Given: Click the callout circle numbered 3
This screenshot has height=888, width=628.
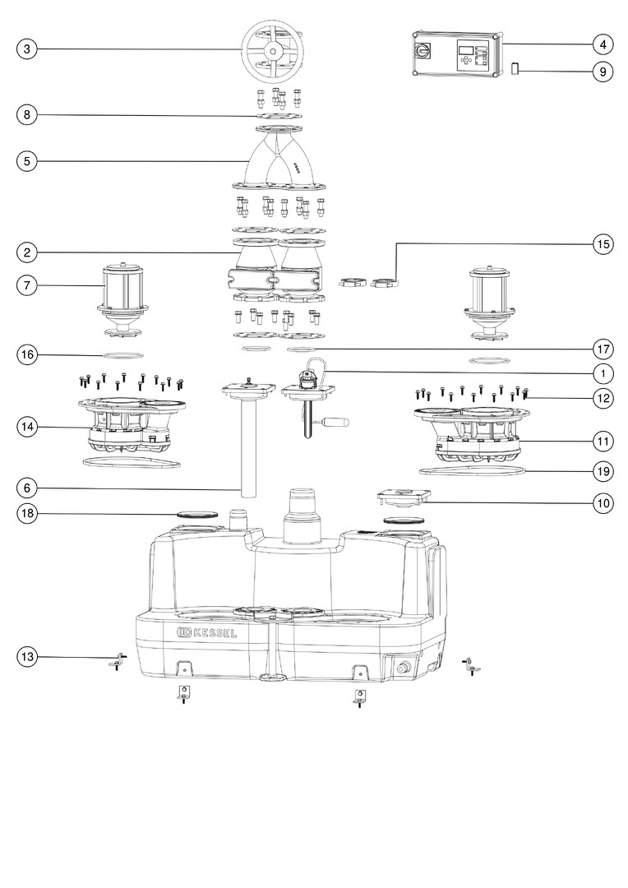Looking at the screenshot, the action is [26, 49].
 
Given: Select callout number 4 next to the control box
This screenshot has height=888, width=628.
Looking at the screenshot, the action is [603, 44].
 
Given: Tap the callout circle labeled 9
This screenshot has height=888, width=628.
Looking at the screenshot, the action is [603, 72].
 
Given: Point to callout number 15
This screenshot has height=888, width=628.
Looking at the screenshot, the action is [603, 243].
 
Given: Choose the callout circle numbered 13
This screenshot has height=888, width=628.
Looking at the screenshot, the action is [26, 657].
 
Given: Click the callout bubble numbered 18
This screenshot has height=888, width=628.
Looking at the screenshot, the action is [26, 514].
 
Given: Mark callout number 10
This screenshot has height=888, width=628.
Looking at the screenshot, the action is [603, 502].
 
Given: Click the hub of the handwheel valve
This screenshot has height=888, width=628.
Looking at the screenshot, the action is [274, 51].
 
